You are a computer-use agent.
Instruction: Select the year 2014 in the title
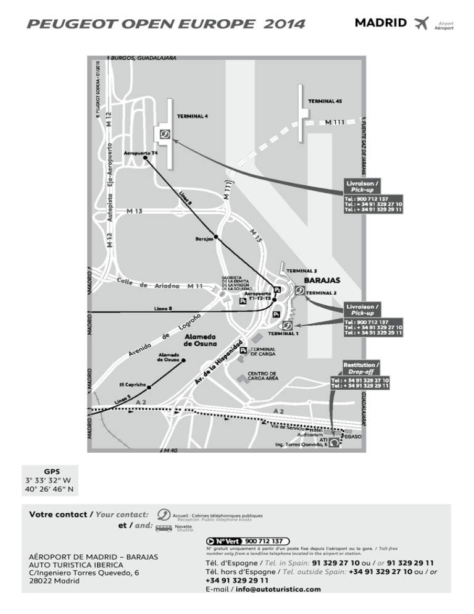click(x=283, y=24)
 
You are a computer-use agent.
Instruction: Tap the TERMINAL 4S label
click(x=325, y=101)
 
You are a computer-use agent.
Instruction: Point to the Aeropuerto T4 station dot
click(x=146, y=159)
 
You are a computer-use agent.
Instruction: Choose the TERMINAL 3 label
click(x=301, y=271)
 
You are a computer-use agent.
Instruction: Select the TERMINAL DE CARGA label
click(x=262, y=352)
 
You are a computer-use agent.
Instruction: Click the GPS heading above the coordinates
click(x=52, y=471)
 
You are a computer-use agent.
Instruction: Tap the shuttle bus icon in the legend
click(x=164, y=529)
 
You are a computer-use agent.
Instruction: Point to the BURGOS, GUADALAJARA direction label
click(x=144, y=57)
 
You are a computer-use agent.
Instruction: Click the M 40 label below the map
click(x=168, y=451)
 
